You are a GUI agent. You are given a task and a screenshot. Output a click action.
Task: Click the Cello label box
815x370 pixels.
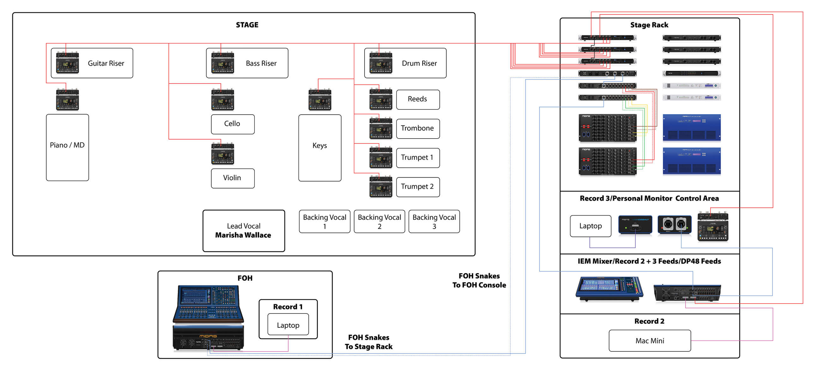[x=232, y=124]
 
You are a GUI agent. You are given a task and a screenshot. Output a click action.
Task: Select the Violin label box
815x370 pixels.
[x=232, y=178]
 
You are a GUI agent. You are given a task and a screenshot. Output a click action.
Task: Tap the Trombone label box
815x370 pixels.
[x=418, y=128]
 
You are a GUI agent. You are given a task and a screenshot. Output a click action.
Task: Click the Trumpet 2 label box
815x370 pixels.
[x=418, y=187]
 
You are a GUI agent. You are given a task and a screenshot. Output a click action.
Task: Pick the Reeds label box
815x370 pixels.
[x=418, y=99]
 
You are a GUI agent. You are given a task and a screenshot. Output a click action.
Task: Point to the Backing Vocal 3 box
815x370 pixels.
[x=434, y=222]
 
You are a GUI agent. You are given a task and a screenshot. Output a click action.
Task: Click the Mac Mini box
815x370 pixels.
[x=649, y=341]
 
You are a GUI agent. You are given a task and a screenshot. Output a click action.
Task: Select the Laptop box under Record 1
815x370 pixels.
[x=288, y=325]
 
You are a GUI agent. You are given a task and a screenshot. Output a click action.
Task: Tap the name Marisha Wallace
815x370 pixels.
[x=243, y=235]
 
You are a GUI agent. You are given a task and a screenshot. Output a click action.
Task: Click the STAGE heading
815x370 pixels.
[x=247, y=25]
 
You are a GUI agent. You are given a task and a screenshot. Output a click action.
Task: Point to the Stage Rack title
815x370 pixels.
[x=649, y=25]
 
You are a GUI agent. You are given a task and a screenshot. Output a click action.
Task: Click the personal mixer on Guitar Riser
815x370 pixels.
[x=67, y=63]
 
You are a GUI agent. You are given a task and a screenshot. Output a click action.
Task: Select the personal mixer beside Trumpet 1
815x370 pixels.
[x=381, y=157]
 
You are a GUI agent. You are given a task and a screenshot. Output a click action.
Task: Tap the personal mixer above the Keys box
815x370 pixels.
[x=320, y=100]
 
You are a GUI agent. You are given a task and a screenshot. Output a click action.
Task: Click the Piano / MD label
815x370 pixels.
[x=67, y=145]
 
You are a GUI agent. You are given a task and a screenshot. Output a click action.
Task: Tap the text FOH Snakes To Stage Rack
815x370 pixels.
[x=369, y=342]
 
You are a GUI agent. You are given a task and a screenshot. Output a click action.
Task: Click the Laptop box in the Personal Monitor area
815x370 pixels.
[x=590, y=226]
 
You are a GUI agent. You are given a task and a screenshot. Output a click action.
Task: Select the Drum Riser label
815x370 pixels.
[x=419, y=63]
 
